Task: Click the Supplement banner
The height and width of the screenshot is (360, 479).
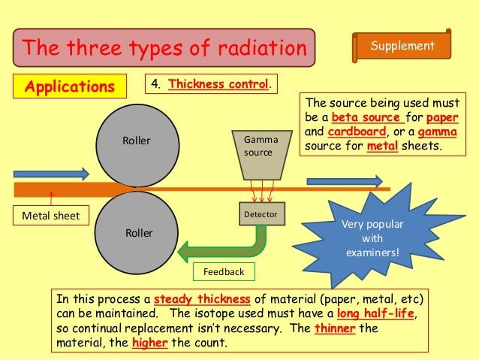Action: (402, 46)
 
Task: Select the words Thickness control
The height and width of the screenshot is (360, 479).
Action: (218, 84)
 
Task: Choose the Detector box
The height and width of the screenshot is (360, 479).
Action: (260, 214)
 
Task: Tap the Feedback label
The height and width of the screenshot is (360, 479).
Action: (224, 271)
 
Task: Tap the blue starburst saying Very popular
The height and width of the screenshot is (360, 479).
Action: (372, 238)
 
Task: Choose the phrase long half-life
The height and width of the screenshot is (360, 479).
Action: (375, 313)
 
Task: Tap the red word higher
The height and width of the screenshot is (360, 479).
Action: (149, 343)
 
